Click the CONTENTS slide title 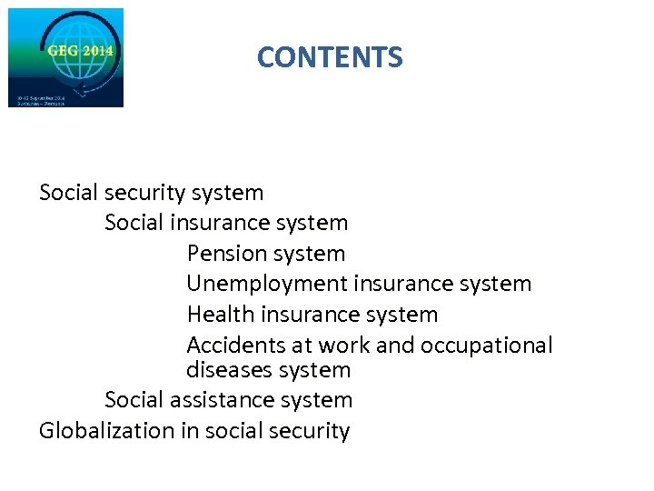[329, 57]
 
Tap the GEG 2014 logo [65, 57]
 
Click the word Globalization [107, 431]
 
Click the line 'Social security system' [151, 193]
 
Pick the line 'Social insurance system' [226, 223]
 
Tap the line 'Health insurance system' [312, 315]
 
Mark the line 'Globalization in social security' [193, 431]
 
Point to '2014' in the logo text [98, 51]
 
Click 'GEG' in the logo [64, 51]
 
